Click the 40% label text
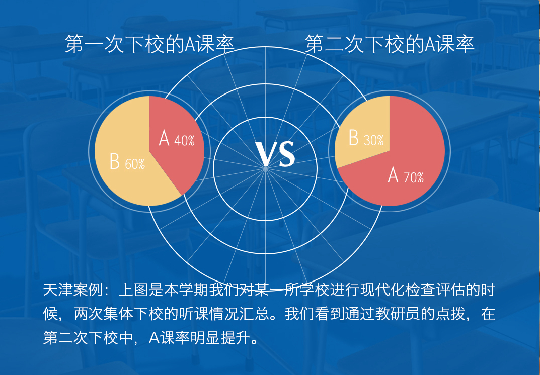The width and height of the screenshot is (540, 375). [185, 141]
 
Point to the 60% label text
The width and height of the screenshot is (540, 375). [135, 164]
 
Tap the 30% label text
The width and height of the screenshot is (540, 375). [373, 140]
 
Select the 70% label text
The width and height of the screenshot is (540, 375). [414, 177]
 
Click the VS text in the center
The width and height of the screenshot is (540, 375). [275, 153]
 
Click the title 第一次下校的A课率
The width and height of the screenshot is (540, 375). [149, 44]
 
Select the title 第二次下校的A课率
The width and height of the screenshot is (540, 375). [390, 44]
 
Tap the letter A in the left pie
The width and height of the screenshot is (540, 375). [164, 138]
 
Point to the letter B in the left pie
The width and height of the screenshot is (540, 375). [115, 161]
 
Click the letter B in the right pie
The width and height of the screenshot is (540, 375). [354, 138]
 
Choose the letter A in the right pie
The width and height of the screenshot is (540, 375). [393, 175]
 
